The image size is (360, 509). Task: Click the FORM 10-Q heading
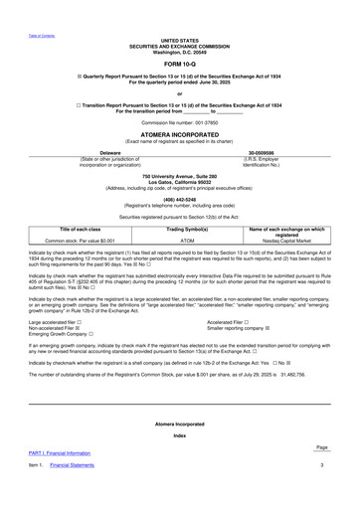point(180,62)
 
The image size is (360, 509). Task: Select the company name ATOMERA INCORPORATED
point(180,136)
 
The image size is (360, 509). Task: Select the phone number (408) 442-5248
point(180,196)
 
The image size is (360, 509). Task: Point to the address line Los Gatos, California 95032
point(180,180)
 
